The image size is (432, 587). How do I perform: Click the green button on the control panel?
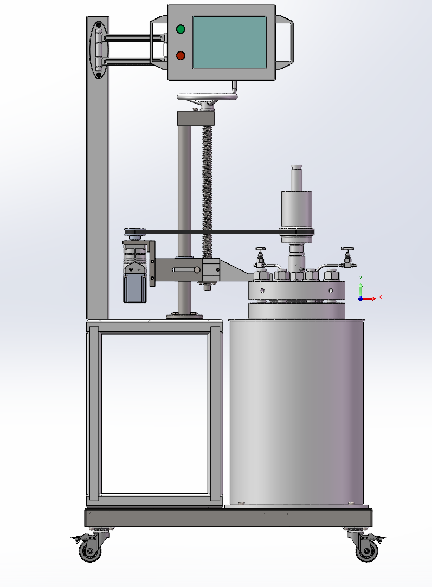pyautogui.click(x=180, y=29)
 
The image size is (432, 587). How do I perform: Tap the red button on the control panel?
pyautogui.click(x=180, y=55)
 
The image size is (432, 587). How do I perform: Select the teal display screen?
pyautogui.click(x=229, y=42)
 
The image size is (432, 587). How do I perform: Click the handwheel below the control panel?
pyautogui.click(x=207, y=98)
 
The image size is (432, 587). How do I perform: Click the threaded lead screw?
pyautogui.click(x=207, y=190)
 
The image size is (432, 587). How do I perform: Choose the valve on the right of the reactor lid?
pyautogui.click(x=347, y=257)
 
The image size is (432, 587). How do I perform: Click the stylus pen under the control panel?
pyautogui.click(x=234, y=85)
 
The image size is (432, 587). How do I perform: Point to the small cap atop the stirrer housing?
pyautogui.click(x=296, y=167)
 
